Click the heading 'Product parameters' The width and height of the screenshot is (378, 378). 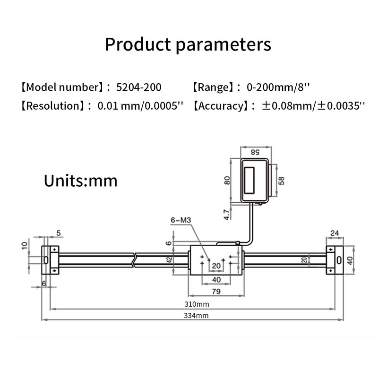[188, 45]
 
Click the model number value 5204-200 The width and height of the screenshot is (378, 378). [138, 87]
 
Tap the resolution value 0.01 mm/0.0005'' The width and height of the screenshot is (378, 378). [140, 105]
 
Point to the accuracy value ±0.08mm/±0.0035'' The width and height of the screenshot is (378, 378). [313, 105]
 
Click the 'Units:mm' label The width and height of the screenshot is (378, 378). [80, 180]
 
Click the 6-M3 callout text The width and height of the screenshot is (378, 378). [180, 220]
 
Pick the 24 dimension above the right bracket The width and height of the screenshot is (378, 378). [335, 232]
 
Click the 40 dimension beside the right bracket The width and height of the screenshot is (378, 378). [350, 260]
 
